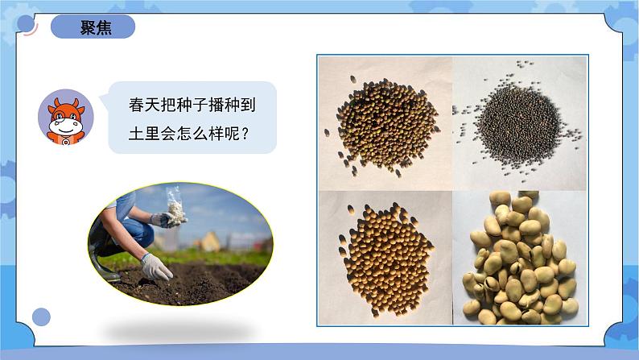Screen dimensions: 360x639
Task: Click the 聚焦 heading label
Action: (x=96, y=27)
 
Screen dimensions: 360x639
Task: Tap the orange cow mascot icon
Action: (x=66, y=118)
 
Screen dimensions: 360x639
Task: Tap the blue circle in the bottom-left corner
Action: (x=41, y=317)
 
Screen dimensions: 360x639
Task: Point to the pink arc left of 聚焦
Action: (x=30, y=30)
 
